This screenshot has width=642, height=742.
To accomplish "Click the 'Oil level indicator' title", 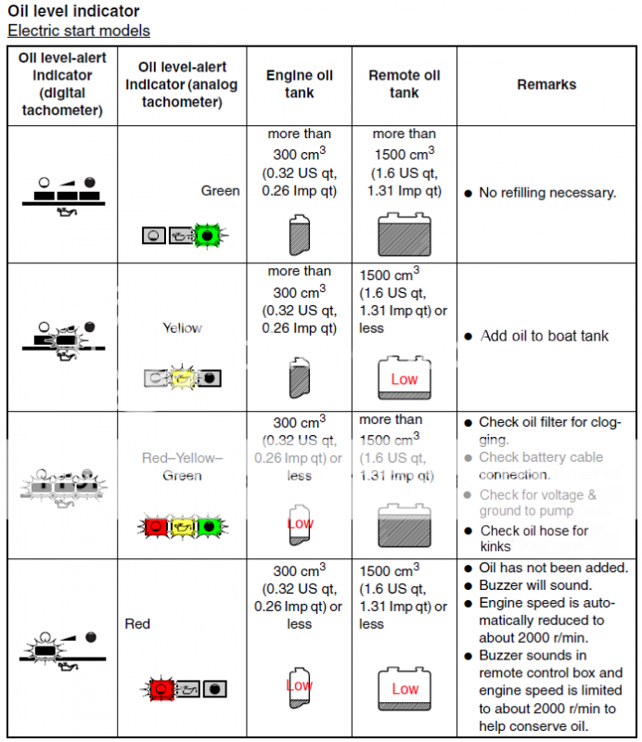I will pos(73,11).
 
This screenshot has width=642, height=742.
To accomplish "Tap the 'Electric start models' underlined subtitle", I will pos(79,31).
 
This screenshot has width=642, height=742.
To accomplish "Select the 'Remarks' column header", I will pos(546,84).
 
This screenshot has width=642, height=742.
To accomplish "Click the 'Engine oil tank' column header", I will pos(299,84).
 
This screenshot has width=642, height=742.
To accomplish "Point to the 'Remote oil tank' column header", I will pos(404,84).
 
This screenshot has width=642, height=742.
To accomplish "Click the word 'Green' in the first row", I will pos(220,191).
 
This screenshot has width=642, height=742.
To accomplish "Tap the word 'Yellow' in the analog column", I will pos(182,328).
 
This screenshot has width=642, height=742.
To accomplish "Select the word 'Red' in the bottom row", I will pos(137,624).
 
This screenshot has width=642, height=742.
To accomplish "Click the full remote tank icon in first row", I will pos(404,235).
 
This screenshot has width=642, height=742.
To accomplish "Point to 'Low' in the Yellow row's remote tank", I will pos(404,379).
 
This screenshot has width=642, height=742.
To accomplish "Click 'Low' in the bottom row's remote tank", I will pos(404,689).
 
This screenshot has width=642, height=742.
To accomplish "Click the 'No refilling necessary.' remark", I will pos(547,193).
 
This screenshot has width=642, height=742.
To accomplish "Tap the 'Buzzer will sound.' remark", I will pos(535,585).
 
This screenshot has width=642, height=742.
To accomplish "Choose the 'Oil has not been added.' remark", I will pos(553,568).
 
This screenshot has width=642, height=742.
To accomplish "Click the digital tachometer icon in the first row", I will pos(63,195).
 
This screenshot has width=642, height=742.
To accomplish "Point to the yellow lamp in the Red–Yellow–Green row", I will pos(183,527).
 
